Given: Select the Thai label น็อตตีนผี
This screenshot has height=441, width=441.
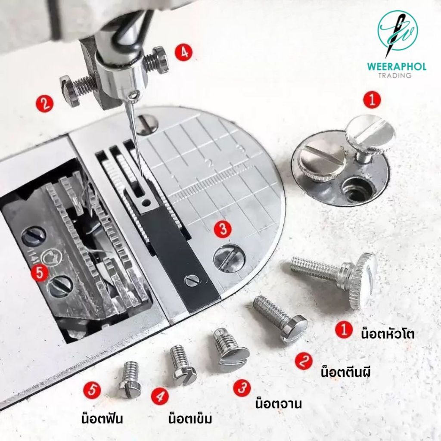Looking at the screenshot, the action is (x=346, y=372).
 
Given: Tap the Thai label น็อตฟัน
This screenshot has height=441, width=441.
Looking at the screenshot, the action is (x=102, y=419).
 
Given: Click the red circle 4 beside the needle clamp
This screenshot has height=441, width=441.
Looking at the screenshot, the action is (x=184, y=52).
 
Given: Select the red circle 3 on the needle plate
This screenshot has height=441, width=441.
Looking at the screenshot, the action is (x=223, y=229).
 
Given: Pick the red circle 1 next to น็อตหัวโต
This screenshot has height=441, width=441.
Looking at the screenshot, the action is (x=344, y=330).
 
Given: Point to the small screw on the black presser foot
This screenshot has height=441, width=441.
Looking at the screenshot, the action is (x=192, y=280).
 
